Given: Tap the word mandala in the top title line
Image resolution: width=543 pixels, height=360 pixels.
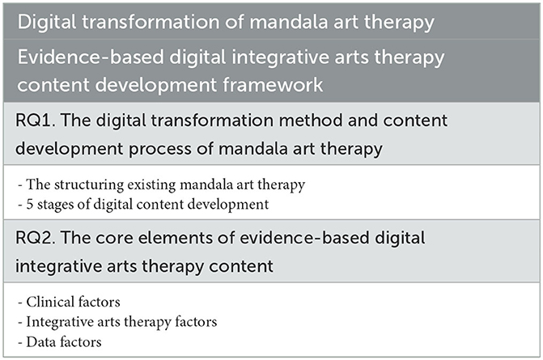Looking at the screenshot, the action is click(x=289, y=22).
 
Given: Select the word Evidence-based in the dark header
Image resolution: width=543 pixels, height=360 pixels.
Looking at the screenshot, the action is click(x=91, y=57).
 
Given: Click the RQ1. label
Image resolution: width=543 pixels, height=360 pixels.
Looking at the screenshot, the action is click(x=36, y=121).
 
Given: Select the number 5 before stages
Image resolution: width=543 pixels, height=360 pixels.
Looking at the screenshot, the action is click(x=30, y=204).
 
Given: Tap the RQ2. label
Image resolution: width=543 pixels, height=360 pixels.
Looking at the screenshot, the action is click(x=36, y=238).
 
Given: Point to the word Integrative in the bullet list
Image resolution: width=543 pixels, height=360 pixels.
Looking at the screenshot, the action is click(x=60, y=322).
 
